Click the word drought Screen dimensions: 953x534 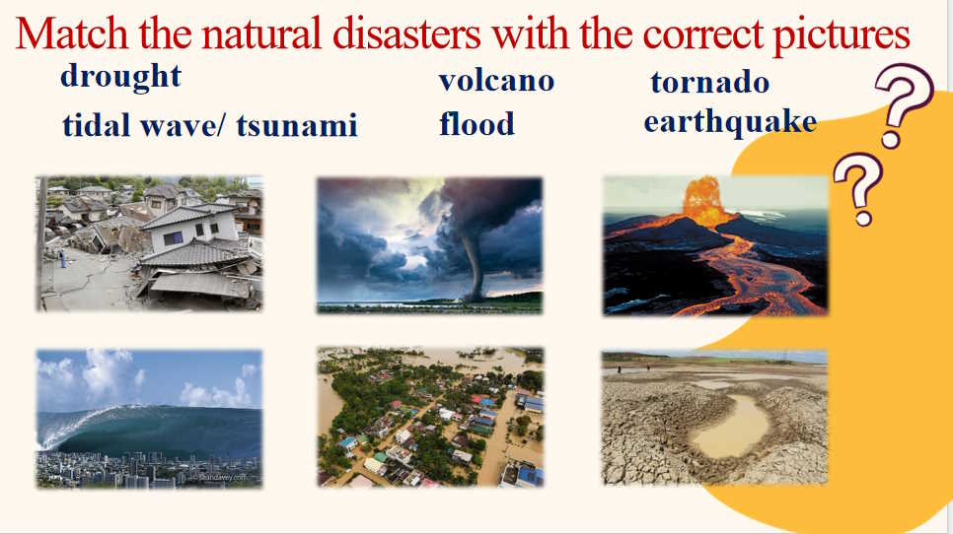(x=121, y=77)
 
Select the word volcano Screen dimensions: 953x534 (x=496, y=82)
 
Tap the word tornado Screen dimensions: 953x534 (x=710, y=82)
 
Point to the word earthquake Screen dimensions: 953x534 (x=731, y=122)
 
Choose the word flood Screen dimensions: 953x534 (x=477, y=123)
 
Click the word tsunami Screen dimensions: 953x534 (x=297, y=125)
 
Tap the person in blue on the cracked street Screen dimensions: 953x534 (x=62, y=258)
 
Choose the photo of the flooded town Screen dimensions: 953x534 (x=430, y=417)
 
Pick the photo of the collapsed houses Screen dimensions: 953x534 (x=149, y=243)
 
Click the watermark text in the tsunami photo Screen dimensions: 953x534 (x=223, y=478)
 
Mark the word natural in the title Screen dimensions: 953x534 (x=261, y=33)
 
